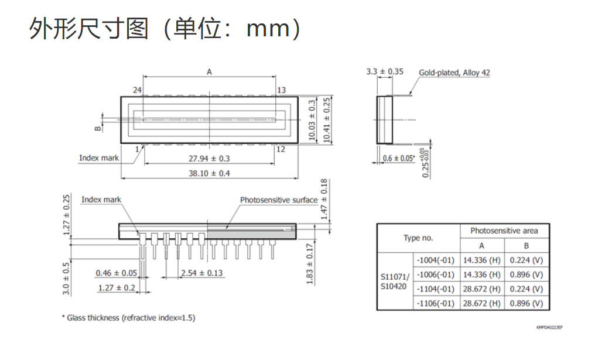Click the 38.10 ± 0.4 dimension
pyautogui.click(x=209, y=173)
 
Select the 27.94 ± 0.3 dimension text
pyautogui.click(x=209, y=159)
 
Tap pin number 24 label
pyautogui.click(x=137, y=90)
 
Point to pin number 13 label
pyautogui.click(x=282, y=90)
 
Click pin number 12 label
pyautogui.click(x=281, y=149)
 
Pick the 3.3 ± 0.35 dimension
pyautogui.click(x=384, y=71)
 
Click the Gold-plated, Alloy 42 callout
pyautogui.click(x=455, y=73)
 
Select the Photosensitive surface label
pyautogui.click(x=279, y=200)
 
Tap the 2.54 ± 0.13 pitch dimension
pyautogui.click(x=201, y=273)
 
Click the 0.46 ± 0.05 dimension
pyautogui.click(x=117, y=273)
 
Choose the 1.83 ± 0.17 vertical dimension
pyautogui.click(x=310, y=264)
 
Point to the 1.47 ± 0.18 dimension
pyautogui.click(x=324, y=199)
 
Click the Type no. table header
pyautogui.click(x=418, y=238)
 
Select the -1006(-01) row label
pyautogui.click(x=436, y=275)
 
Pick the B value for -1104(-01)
pyautogui.click(x=527, y=289)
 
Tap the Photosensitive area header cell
pyautogui.click(x=504, y=231)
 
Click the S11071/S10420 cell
pyautogui.click(x=395, y=282)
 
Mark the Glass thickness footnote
pyautogui.click(x=128, y=318)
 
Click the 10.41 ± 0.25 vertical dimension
pyautogui.click(x=326, y=120)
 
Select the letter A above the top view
pyautogui.click(x=209, y=71)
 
